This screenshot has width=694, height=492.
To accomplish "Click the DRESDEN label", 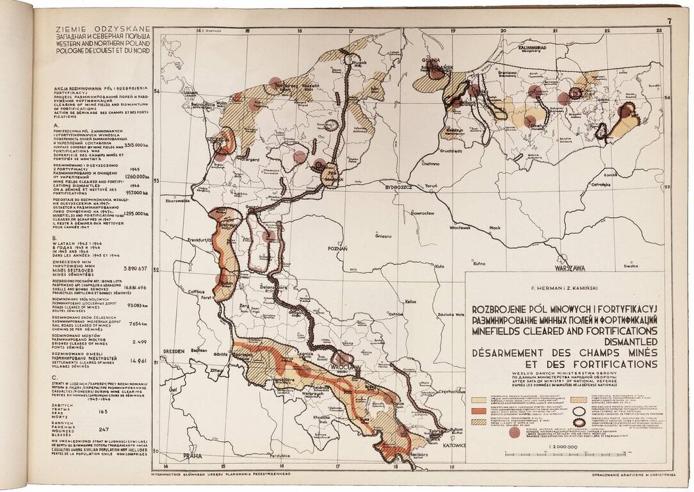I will pos(173,351).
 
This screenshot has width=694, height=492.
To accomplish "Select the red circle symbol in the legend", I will pos(513,432).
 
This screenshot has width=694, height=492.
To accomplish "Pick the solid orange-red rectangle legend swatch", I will pos(479,409).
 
